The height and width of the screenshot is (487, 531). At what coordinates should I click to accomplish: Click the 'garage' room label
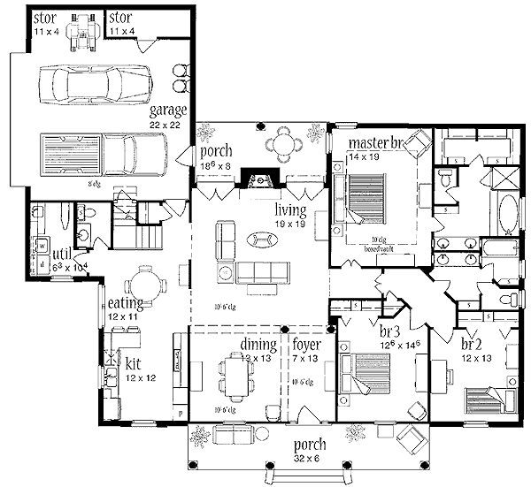pos(167,110)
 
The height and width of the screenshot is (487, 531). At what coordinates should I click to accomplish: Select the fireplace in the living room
pos(260,182)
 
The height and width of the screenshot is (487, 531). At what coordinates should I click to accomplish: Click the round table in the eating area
pos(142,286)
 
